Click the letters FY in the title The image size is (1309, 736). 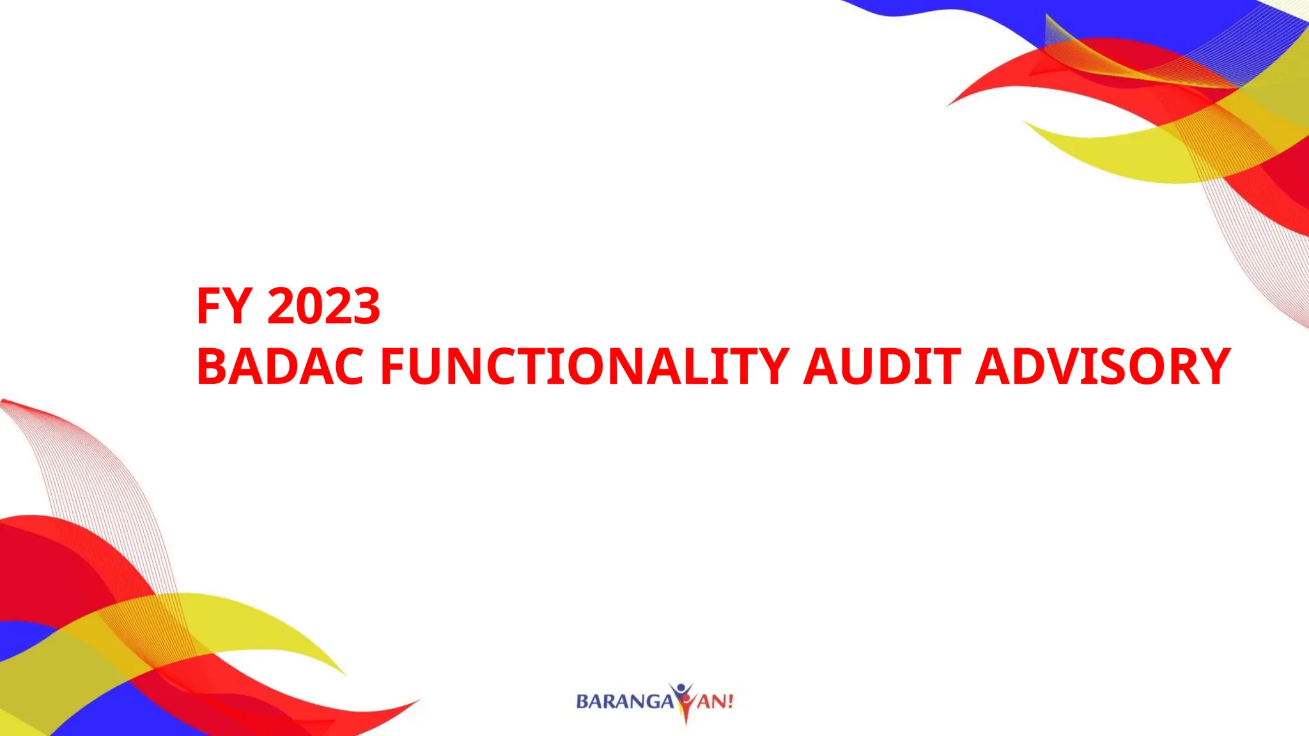pos(223,306)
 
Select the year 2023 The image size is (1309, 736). pos(323,306)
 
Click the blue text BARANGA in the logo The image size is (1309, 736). pos(624,701)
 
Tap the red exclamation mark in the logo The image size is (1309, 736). pos(729,701)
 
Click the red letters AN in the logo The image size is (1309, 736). pos(710,701)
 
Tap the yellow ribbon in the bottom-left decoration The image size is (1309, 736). pos(243,620)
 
